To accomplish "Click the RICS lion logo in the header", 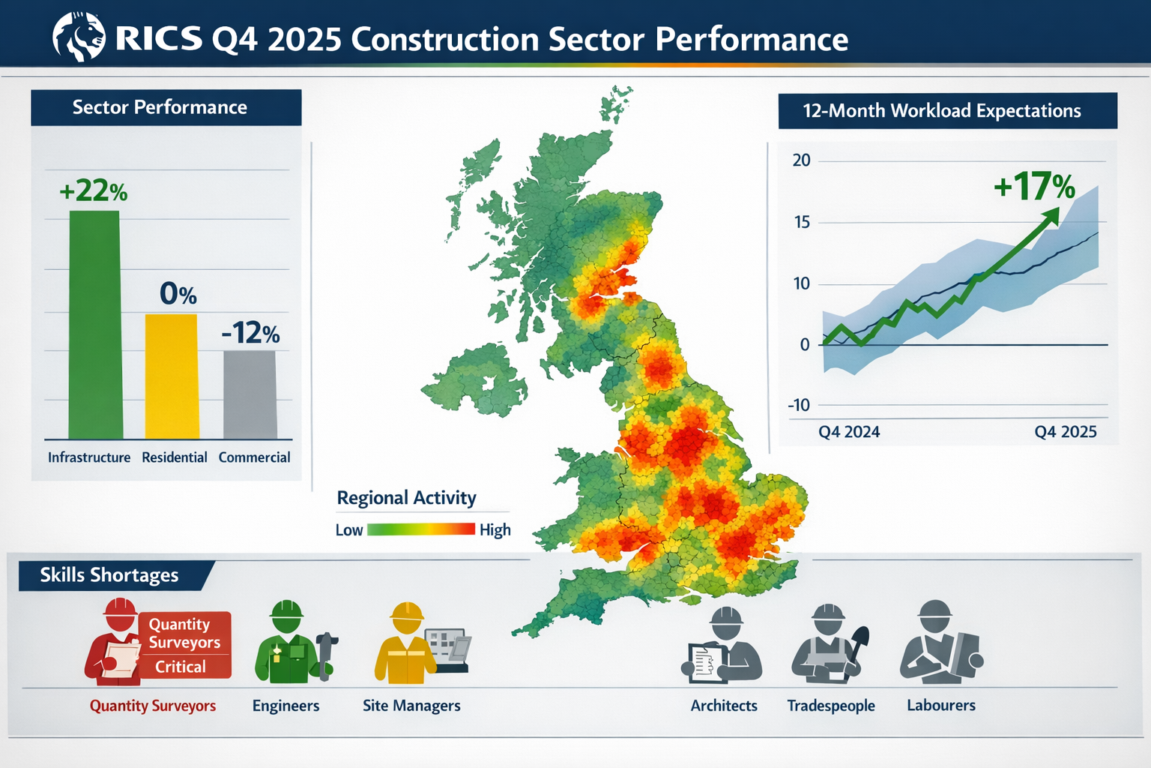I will (79, 37).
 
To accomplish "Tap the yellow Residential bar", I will (172, 376).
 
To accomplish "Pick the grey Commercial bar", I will (250, 394).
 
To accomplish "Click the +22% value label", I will (94, 191).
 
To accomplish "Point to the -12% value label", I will (250, 333).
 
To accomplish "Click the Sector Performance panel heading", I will (160, 107).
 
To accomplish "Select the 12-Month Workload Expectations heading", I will (942, 111).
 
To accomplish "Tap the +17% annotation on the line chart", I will (1034, 186).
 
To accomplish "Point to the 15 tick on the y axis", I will (802, 222).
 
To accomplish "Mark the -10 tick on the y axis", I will (799, 406).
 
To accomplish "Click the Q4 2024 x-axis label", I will (849, 432).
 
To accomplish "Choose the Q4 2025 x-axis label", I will (1065, 432).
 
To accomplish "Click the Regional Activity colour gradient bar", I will (421, 529).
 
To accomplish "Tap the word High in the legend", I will (495, 530).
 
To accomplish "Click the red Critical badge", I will (181, 667).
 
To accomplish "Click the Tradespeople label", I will (831, 706).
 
